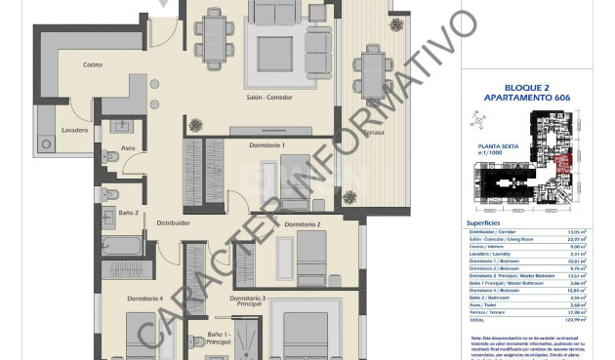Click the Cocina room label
pos(93,65)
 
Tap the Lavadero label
pos(75,130)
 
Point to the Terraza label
pos(374,132)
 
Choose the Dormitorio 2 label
pos(303,224)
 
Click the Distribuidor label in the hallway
pos(173,222)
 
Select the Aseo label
pos(128,148)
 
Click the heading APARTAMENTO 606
pos(526,99)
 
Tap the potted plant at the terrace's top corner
pos(396,20)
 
